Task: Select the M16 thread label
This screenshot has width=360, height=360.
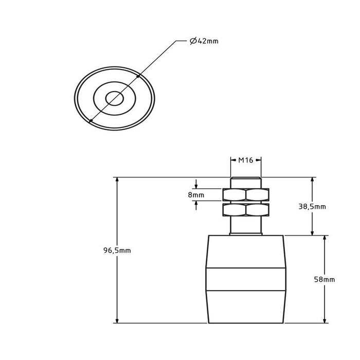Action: click(x=245, y=160)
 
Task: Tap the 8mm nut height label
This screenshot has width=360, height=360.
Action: click(x=196, y=195)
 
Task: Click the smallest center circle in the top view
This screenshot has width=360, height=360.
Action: click(x=114, y=98)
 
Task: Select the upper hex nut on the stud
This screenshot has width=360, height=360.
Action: click(x=245, y=194)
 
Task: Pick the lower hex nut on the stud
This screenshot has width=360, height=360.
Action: click(x=245, y=210)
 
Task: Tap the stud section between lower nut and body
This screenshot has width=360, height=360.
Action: click(x=245, y=226)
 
